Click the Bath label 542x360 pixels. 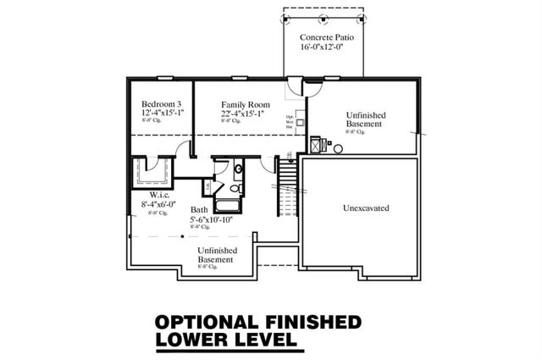199,209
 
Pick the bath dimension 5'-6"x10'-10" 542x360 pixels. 212,219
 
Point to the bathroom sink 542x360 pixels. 238,169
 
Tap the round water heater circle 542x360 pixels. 338,149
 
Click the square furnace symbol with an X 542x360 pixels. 317,145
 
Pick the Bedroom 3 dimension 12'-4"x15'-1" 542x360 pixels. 162,112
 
